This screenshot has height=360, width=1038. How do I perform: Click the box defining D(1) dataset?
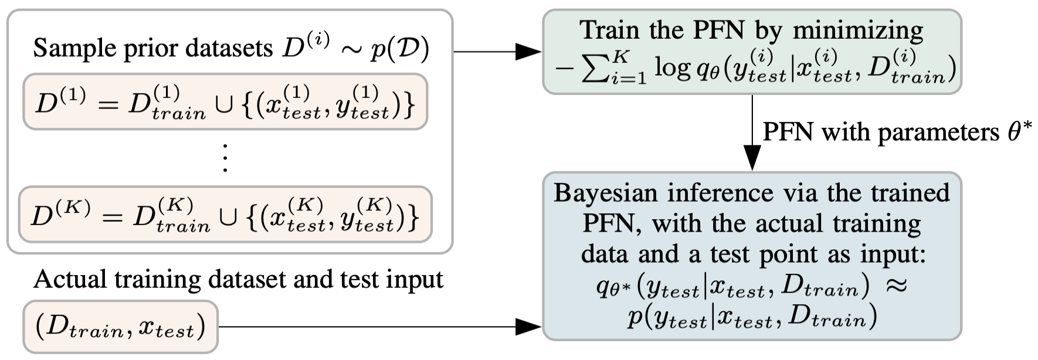click(225, 101)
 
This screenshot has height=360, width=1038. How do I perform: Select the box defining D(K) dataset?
click(225, 215)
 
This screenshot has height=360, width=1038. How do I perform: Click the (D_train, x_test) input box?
click(120, 327)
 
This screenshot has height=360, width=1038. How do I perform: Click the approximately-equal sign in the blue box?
click(895, 286)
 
